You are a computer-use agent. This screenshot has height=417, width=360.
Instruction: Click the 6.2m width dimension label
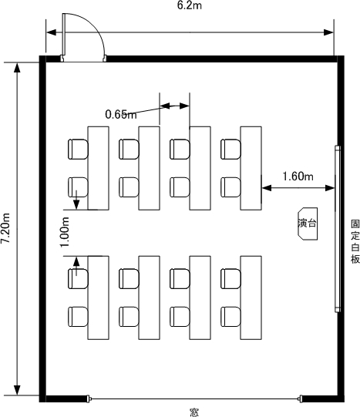pos(190,5)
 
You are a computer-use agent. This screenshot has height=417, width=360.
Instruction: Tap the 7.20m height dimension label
pos(5,228)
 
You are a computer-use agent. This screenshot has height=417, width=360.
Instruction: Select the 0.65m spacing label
pos(121,114)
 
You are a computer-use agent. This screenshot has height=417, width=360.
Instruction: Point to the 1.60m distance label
pos(298,177)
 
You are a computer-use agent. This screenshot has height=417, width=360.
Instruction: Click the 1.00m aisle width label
pos(65,232)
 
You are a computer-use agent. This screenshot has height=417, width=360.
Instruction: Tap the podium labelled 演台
pos(308,224)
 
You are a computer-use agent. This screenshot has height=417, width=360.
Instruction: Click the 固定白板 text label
pos(355,241)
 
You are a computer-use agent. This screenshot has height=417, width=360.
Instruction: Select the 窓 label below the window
pos(194,412)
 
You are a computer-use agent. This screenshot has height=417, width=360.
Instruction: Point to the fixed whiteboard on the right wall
pos(338,229)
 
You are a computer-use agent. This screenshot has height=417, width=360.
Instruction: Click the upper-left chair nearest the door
pos(78,150)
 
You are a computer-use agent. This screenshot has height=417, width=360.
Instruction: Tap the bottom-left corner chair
pos(78,317)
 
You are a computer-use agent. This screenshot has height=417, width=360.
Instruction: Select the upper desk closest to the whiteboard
pos(251,168)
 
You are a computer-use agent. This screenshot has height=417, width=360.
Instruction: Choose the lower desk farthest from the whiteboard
pos(99,298)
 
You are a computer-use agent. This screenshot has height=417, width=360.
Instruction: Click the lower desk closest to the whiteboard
pos(251,298)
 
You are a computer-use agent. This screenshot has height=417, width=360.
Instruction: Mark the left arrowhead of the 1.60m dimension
pos(267,188)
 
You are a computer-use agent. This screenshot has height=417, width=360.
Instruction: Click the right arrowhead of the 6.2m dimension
pos(328,32)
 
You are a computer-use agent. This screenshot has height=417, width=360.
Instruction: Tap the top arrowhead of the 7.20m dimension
pos(17,68)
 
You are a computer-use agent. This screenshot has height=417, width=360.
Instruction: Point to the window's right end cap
pos(301,399)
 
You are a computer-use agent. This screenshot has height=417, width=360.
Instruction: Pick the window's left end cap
pos(89,399)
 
